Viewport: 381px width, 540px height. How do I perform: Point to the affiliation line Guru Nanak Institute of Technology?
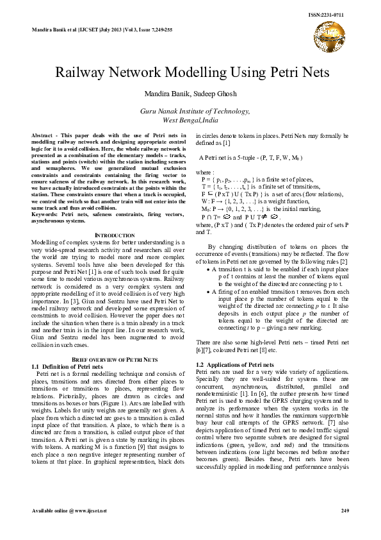[x=190, y=111]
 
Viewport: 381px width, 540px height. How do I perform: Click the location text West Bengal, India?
[x=190, y=120]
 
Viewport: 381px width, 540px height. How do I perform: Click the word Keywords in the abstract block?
[x=45, y=214]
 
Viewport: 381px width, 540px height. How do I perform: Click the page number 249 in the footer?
[x=345, y=510]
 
